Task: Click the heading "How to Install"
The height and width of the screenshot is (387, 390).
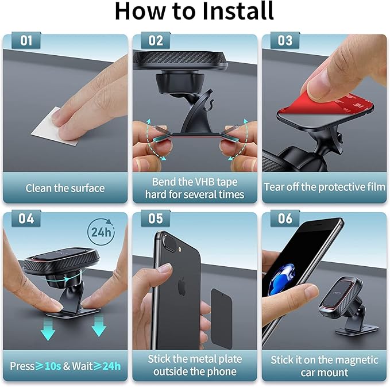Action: pos(194,11)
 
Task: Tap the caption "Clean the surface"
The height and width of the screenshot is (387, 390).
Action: pos(65,188)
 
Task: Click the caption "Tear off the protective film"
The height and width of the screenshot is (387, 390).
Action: pos(325,187)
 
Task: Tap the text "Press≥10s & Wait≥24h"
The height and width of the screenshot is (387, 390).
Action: pos(65,366)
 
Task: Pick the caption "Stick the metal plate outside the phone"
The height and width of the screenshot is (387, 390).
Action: pos(195,365)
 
